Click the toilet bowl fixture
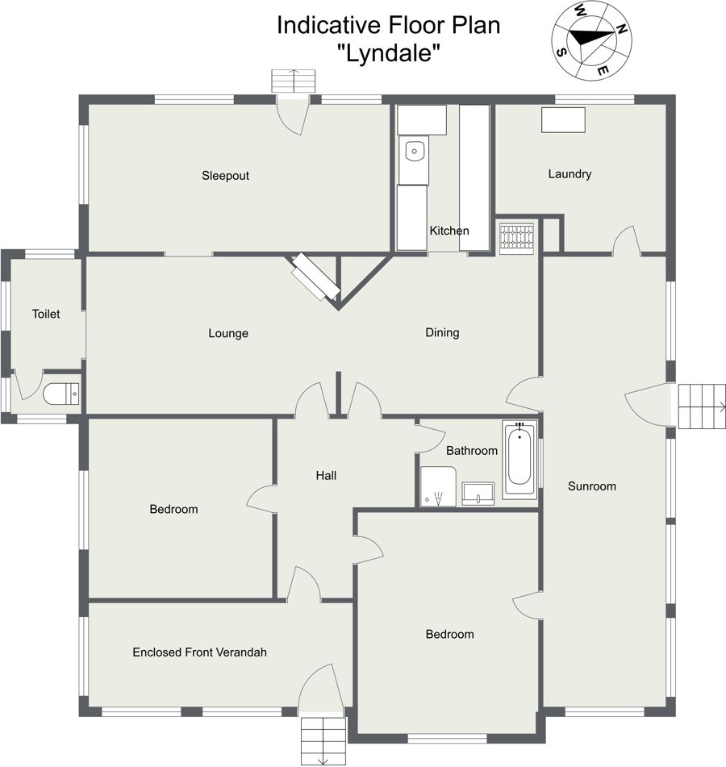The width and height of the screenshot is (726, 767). tap(60, 394)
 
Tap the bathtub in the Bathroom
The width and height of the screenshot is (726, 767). tap(519, 459)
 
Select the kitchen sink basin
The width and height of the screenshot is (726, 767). tap(414, 151)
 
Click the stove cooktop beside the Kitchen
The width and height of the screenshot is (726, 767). tap(516, 238)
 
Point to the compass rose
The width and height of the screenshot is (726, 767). tap(591, 40)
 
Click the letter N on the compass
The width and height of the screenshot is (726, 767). tap(621, 29)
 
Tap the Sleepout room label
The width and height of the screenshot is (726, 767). tap(226, 176)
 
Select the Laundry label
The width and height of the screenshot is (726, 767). tap(570, 174)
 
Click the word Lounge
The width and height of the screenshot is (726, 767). tap(228, 334)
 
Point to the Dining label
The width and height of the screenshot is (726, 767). tap(442, 332)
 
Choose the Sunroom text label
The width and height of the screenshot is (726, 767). tap(592, 486)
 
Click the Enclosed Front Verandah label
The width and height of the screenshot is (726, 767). tap(199, 652)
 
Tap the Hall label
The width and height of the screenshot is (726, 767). tap(326, 476)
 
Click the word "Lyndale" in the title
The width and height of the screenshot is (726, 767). tap(389, 52)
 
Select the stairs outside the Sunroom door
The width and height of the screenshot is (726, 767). tap(702, 406)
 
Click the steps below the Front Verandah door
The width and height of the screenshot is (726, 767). tap(323, 740)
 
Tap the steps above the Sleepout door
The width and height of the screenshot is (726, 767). tap(294, 81)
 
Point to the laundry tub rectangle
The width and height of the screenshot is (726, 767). tap(563, 120)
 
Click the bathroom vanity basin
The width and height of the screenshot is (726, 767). tap(478, 493)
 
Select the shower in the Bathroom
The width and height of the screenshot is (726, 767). tap(438, 486)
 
